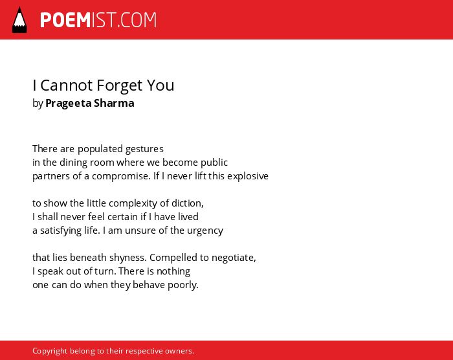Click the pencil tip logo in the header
(x=19, y=19)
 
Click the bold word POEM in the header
(x=65, y=20)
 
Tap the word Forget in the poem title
(x=119, y=85)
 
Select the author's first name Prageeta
(x=68, y=103)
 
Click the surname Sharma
(x=114, y=103)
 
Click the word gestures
(x=144, y=149)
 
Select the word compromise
(x=121, y=176)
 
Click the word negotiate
(x=234, y=258)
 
